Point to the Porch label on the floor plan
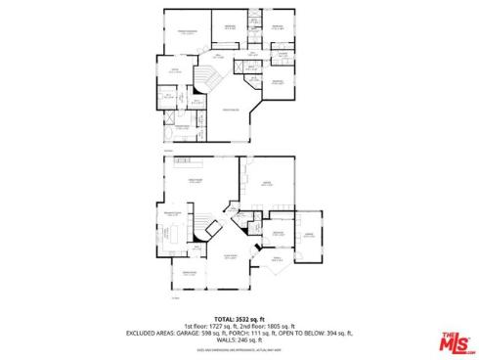[x=276, y=258]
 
